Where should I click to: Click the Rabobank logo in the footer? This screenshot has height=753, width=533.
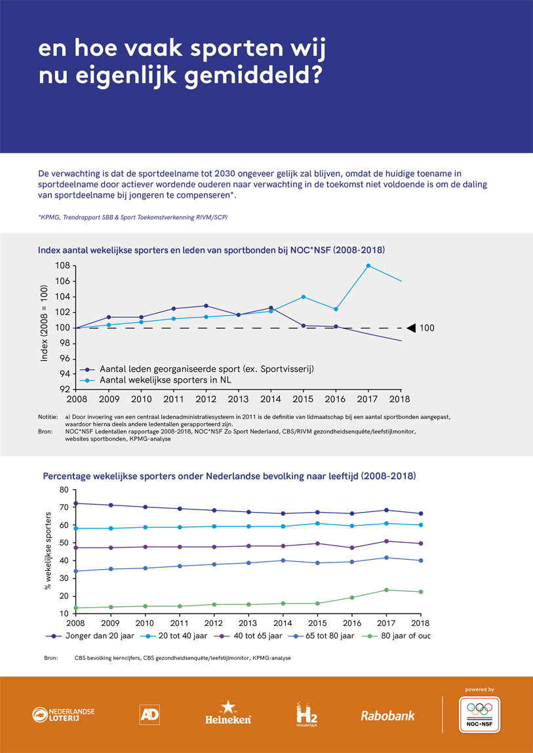(x=387, y=716)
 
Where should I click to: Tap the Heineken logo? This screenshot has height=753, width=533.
(x=228, y=712)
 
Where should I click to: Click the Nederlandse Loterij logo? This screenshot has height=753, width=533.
(x=64, y=714)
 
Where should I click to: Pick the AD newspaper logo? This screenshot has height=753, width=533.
(x=149, y=714)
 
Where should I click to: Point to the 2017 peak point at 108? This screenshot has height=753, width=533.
(x=368, y=265)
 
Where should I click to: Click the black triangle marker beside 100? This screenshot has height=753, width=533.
(x=411, y=327)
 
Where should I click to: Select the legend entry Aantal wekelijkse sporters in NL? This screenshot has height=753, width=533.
(x=155, y=380)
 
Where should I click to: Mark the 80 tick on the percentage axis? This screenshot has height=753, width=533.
(x=64, y=490)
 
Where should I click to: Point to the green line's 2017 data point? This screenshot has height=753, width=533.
(x=386, y=590)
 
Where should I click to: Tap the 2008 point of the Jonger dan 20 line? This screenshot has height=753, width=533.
(x=77, y=504)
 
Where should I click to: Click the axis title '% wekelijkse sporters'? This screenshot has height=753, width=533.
(x=47, y=551)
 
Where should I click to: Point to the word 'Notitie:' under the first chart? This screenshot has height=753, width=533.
(x=48, y=416)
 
